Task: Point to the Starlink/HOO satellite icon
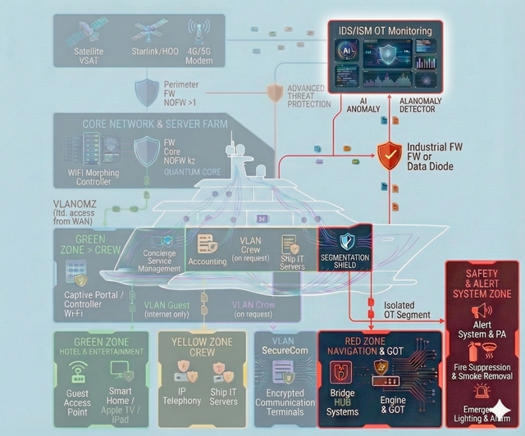point(148,32)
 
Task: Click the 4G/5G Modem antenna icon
point(199,31)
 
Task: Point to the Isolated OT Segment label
point(408,310)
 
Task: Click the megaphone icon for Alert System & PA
point(482,310)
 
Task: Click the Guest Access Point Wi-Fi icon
point(78,369)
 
